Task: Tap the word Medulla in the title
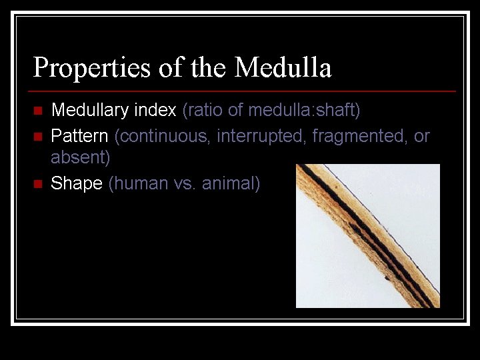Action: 283,68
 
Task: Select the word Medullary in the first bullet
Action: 89,110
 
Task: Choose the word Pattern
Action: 79,137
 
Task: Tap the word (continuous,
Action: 163,137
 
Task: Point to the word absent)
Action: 81,159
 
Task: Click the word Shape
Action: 77,183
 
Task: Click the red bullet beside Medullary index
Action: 37,110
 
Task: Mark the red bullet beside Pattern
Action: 37,137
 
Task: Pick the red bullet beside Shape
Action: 37,183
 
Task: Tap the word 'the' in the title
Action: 209,68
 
